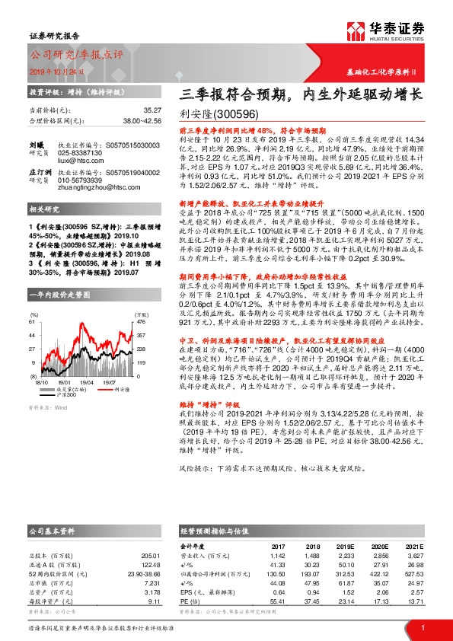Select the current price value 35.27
click(152, 110)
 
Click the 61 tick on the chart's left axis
click(33, 300)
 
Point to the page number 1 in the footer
click(422, 627)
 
